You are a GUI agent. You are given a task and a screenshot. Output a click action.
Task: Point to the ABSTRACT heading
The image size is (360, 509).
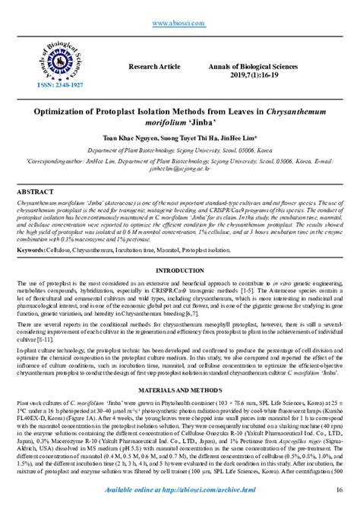pyautogui.click(x=36, y=193)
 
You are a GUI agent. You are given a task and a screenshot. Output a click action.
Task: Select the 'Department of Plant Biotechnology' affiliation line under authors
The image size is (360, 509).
pyautogui.click(x=180, y=150)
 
